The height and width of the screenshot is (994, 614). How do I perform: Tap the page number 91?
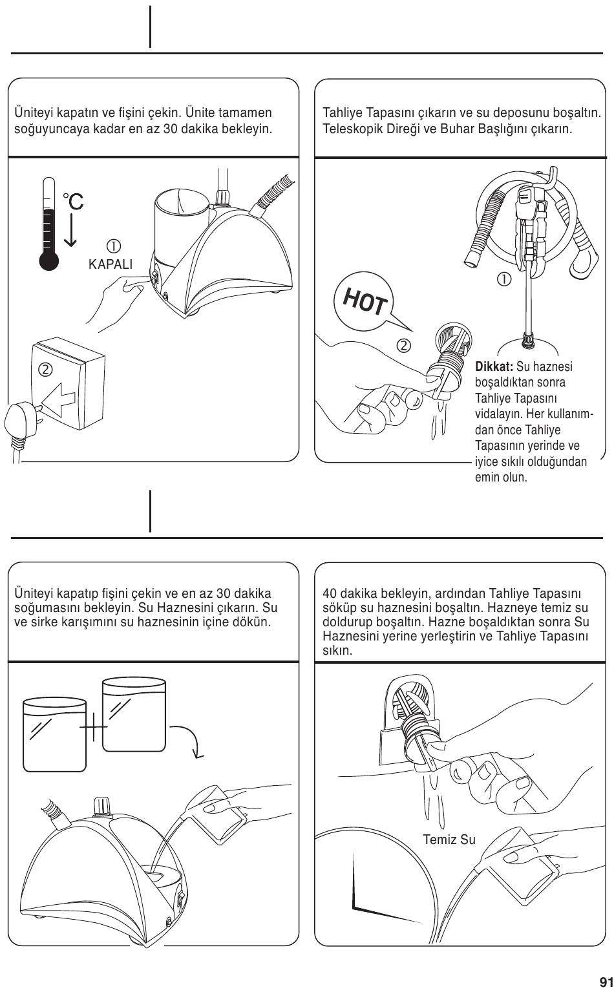606,980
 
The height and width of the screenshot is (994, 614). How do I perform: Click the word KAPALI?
111,264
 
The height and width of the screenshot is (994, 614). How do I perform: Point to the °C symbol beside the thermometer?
73,202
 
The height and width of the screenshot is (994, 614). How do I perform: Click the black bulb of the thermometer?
48,260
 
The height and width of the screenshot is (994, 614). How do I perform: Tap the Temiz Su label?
449,840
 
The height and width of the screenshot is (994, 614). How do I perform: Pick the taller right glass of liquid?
134,715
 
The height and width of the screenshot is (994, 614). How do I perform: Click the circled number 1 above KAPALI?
114,246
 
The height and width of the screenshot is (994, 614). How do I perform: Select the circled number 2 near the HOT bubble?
403,345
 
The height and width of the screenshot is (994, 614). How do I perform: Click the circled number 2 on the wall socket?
45,370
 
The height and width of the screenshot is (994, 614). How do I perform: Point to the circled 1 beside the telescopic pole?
503,279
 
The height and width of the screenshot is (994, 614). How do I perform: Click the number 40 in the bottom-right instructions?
329,593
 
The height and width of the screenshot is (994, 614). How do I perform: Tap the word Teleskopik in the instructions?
349,129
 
